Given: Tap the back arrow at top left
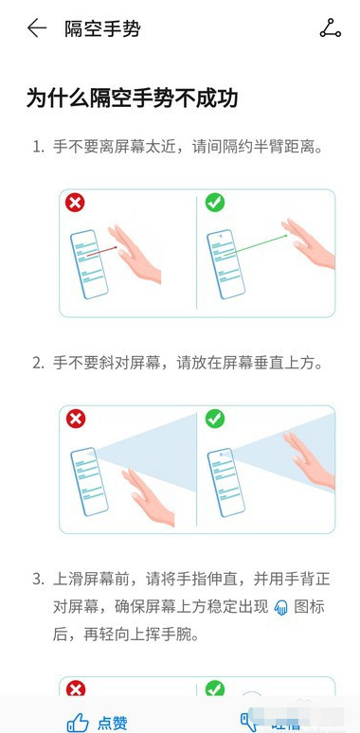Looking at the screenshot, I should coord(37,28).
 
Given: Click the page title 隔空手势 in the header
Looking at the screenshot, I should coord(102,28).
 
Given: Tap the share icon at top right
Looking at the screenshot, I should coord(330,28).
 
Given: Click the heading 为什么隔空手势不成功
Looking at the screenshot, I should coord(131,98).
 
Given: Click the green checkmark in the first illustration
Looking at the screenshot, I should coord(215,203).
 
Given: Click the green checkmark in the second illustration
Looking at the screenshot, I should coord(215,419).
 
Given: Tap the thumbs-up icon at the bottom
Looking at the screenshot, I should coord(78,722).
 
